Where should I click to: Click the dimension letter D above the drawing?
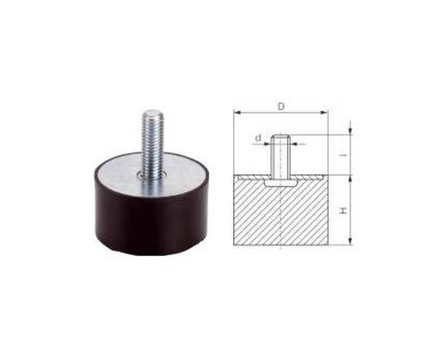pos(281,106)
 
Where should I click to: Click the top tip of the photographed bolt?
pos(154,114)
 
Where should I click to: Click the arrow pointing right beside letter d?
pos(268,144)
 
